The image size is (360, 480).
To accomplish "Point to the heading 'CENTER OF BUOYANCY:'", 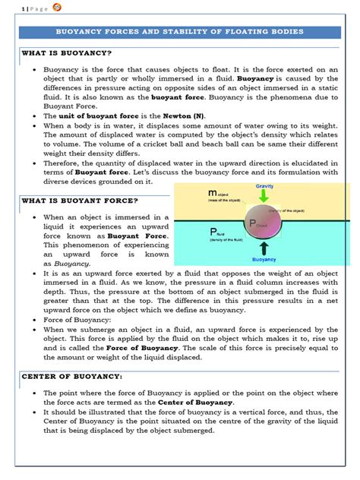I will coord(72,376).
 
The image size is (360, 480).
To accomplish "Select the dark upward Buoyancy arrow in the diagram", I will coord(264,248).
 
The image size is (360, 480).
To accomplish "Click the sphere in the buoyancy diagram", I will coord(262,223).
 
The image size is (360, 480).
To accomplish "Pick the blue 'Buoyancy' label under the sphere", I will coord(264,259).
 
